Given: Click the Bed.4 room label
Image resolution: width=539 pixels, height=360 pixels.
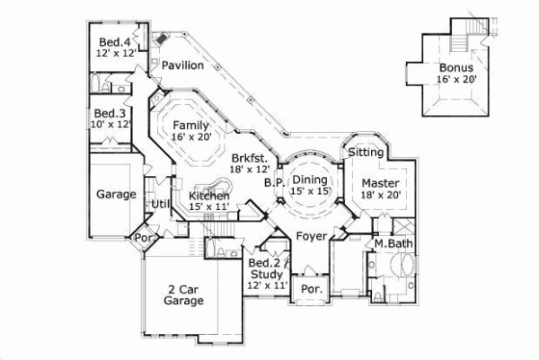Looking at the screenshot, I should (113, 42).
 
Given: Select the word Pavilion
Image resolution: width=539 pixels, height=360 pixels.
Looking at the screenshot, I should (182, 66).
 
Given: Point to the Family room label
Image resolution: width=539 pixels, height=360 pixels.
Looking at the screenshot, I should (191, 125).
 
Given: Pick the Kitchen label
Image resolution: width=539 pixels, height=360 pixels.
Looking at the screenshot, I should (210, 196).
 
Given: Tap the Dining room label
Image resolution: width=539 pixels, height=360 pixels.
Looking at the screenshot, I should (308, 180).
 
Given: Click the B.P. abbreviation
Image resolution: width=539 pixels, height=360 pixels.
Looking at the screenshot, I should (275, 182).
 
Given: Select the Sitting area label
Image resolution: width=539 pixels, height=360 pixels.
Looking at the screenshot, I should (366, 153).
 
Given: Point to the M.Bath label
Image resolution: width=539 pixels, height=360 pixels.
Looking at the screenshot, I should (393, 244).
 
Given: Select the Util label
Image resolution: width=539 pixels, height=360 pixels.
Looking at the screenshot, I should (161, 205).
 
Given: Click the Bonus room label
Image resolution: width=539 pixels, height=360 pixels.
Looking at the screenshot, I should (455, 67).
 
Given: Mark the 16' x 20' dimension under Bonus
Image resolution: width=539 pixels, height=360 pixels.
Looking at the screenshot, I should (456, 80).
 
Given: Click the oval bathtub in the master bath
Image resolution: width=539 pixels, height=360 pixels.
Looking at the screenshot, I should (404, 267).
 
